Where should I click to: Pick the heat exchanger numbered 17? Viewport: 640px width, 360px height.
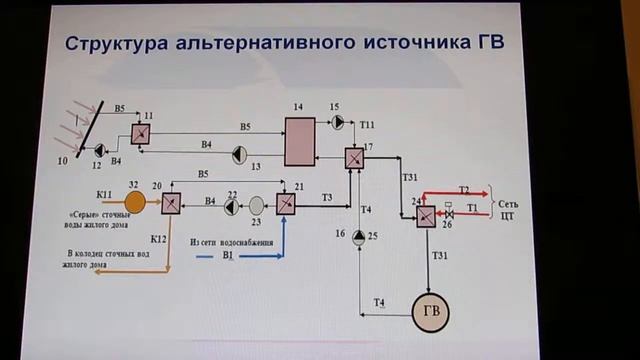point(354,159)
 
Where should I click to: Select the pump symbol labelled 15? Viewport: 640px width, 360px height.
point(336,122)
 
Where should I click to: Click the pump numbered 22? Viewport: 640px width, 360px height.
point(232,204)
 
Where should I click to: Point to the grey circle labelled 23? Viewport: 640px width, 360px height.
point(257,204)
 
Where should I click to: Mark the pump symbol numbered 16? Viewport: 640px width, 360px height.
point(359,236)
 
